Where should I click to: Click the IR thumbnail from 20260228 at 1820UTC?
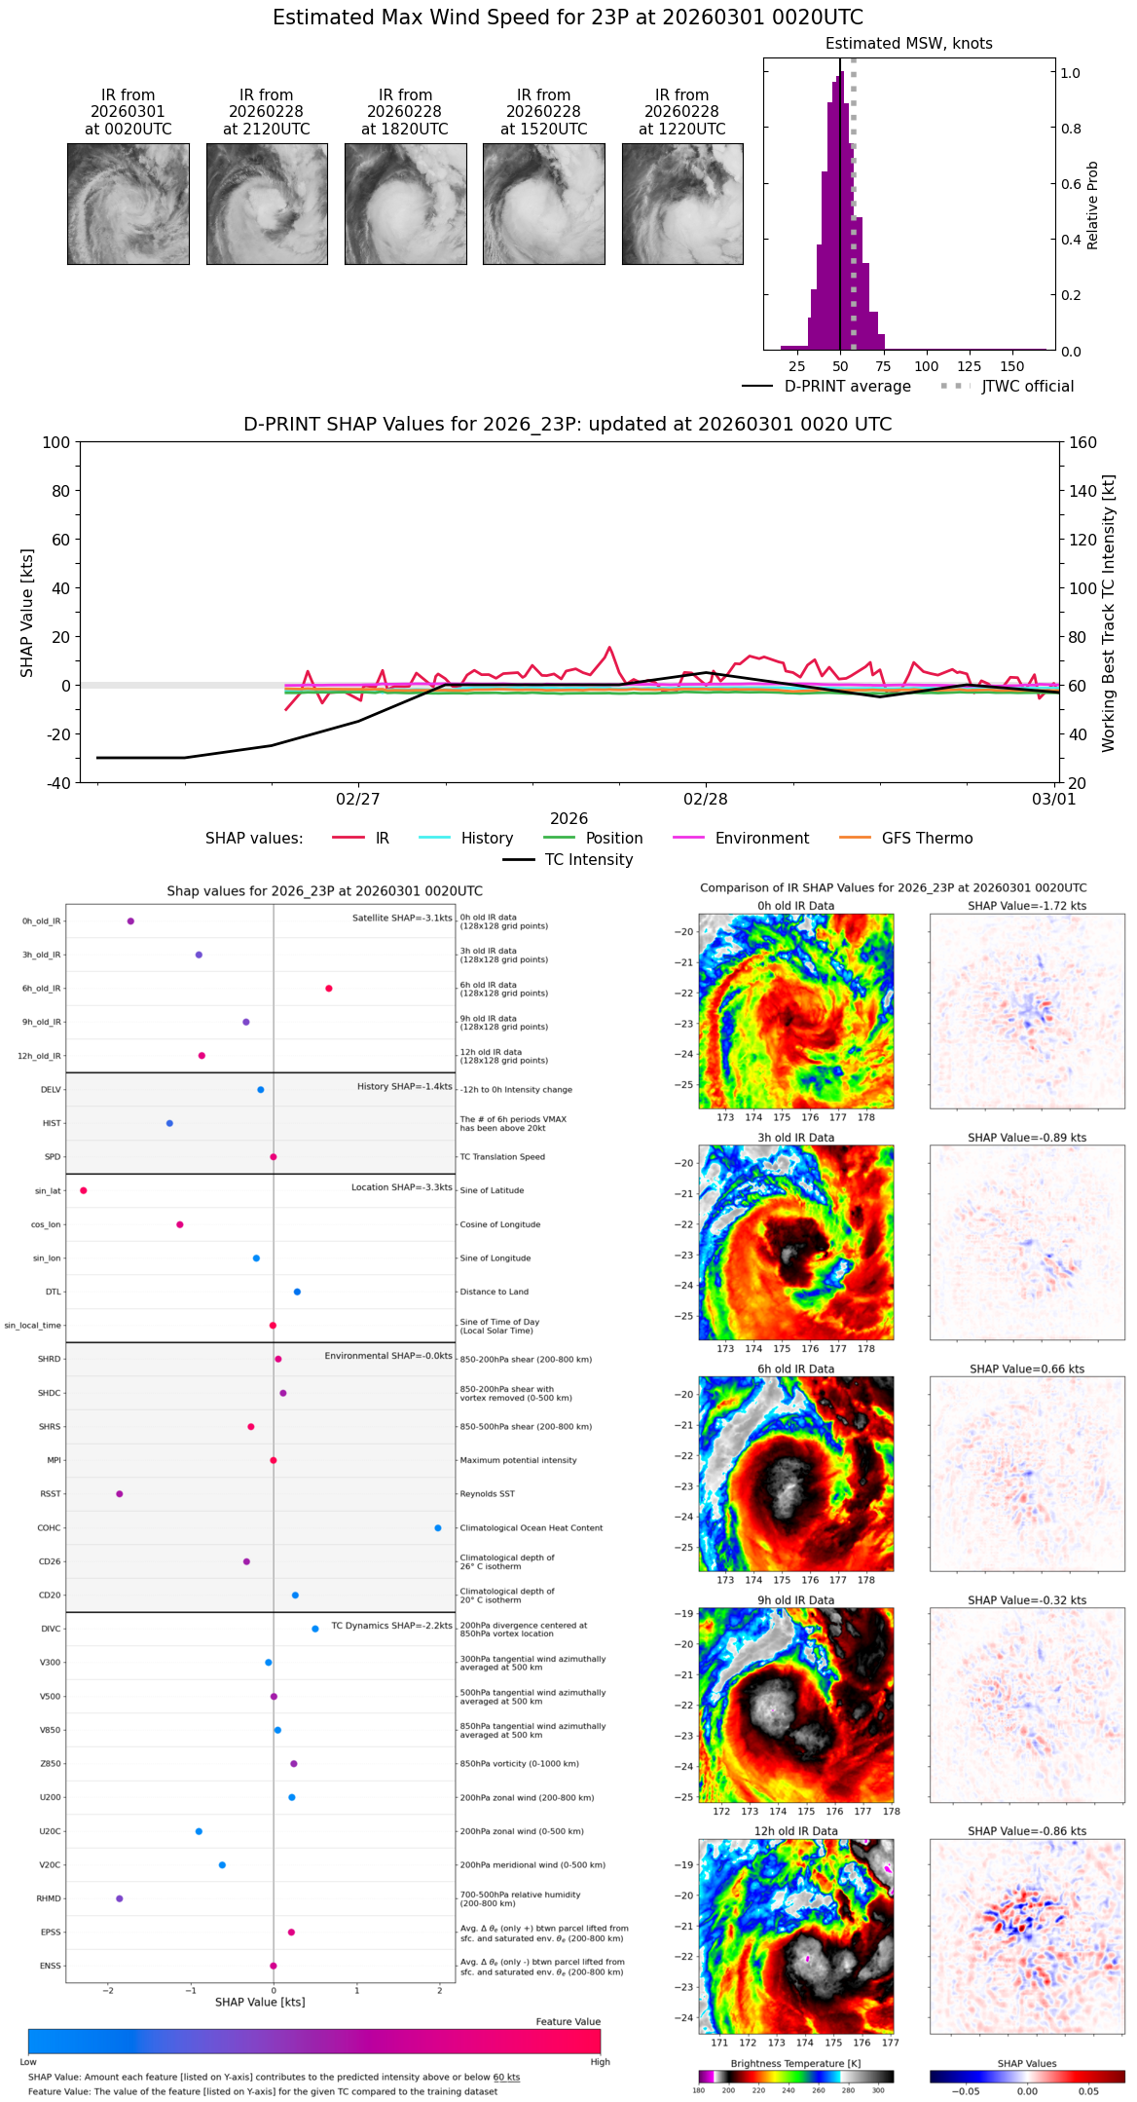[x=405, y=204]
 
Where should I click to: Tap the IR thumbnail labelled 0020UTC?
[x=128, y=204]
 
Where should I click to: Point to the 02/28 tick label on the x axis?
[x=705, y=800]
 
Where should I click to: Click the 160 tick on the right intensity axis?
[x=1082, y=443]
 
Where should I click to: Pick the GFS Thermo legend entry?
[x=926, y=839]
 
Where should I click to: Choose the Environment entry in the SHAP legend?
[x=761, y=839]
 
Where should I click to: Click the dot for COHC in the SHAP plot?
[x=438, y=1527]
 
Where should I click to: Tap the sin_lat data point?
[x=84, y=1190]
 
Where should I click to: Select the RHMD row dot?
[x=120, y=1898]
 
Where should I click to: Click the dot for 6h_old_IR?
[x=329, y=988]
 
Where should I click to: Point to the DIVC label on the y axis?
[x=51, y=1629]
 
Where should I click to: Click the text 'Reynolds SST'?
[x=487, y=1494]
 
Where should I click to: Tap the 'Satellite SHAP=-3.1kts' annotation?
[x=402, y=918]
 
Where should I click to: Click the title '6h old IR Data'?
[x=795, y=1369]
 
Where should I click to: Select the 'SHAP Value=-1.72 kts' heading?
[x=1027, y=906]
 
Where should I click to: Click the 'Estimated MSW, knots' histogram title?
[x=908, y=44]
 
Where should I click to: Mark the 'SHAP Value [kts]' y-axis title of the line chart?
[x=27, y=613]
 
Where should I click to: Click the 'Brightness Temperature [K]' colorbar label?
[x=795, y=2063]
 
